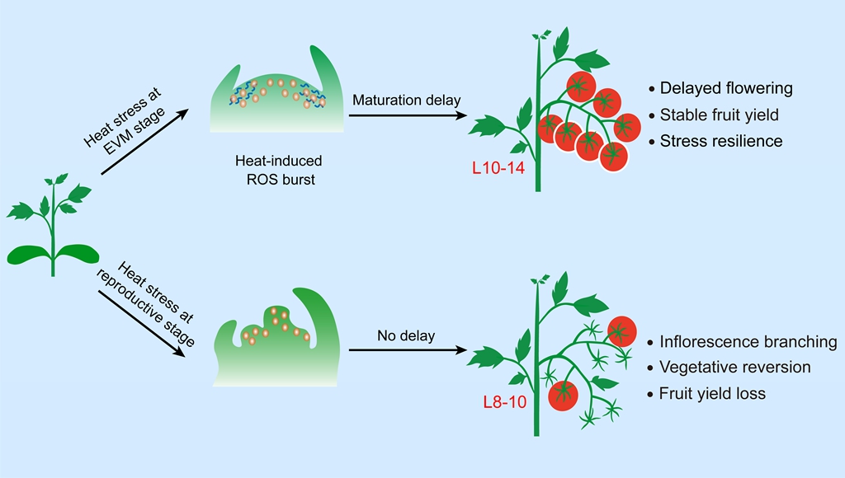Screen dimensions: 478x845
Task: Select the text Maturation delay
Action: (x=406, y=101)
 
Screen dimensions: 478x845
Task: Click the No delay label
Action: (x=405, y=335)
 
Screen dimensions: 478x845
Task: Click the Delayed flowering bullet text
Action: (x=726, y=87)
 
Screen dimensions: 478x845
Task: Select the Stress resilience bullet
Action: (x=721, y=141)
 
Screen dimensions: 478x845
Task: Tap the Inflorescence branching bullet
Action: (x=748, y=341)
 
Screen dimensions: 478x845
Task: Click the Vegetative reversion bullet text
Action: (x=735, y=368)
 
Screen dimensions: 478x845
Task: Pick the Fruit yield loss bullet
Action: (x=713, y=394)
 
